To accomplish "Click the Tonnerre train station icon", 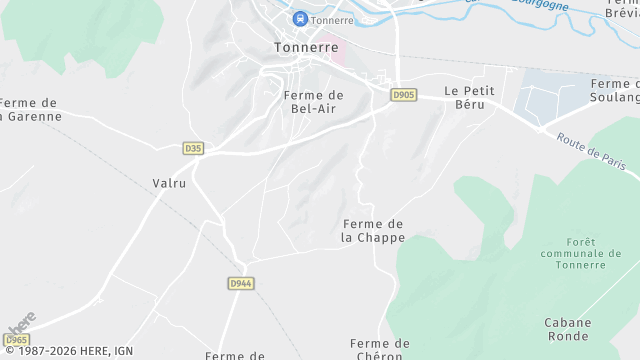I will point(300,19).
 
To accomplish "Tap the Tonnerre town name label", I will point(306,47).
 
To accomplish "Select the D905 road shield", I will point(403,95).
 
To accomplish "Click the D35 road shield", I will point(193,148).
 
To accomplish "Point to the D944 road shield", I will point(240,283).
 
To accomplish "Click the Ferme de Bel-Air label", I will point(314,101).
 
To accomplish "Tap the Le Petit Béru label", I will point(470,97).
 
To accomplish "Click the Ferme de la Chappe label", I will point(373,230).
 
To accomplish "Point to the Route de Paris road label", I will point(592,152).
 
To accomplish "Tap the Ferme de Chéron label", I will point(380,349).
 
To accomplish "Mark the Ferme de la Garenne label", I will point(30,109).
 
